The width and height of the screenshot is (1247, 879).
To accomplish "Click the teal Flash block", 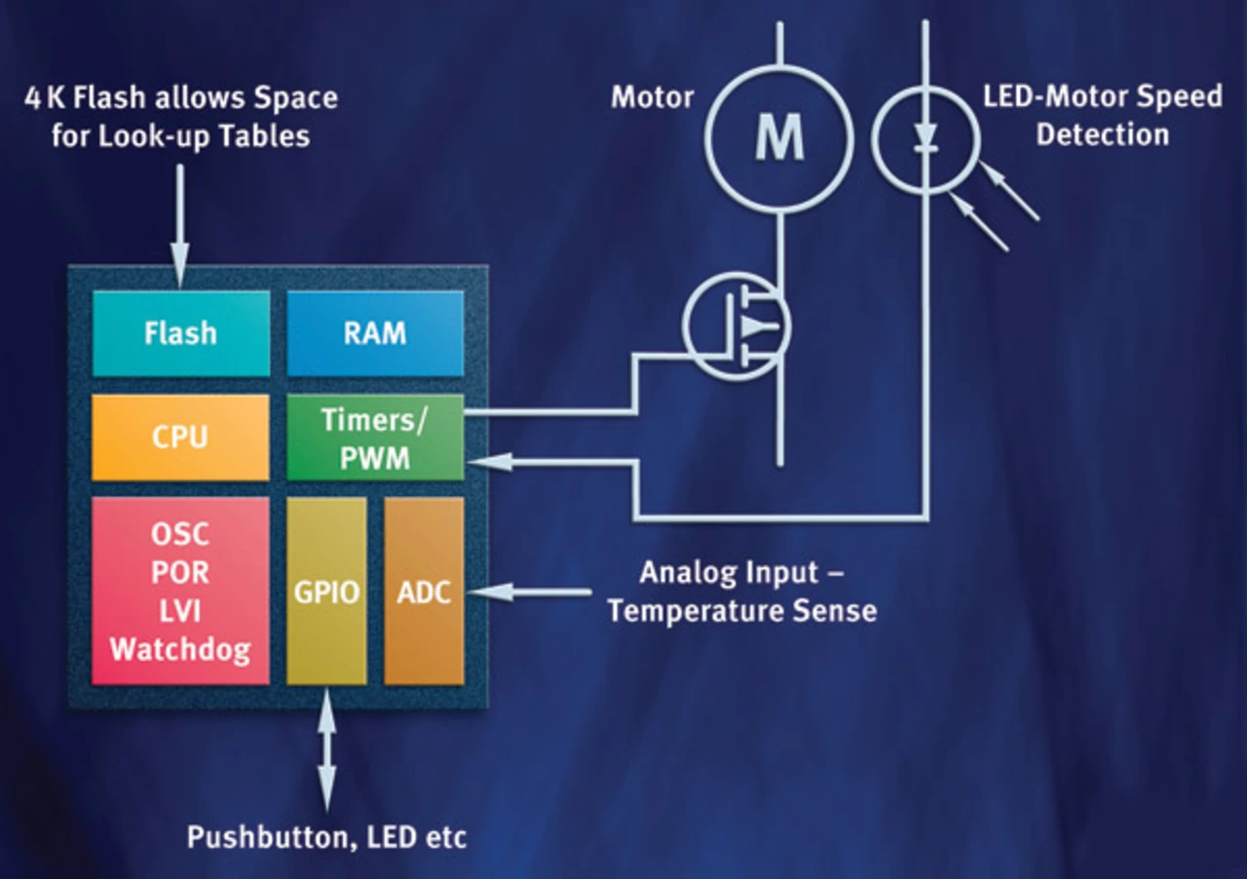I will pos(181,333).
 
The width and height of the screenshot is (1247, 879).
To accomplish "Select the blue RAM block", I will pos(375,333).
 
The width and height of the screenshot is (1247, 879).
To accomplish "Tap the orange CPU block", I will pos(181,437).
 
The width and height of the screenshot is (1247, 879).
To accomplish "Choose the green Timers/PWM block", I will pos(375,438).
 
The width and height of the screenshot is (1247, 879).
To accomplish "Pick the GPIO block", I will pos(326,592).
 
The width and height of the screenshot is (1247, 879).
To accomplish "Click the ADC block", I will pos(424,592).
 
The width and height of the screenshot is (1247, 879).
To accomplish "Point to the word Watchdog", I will pos(180,649).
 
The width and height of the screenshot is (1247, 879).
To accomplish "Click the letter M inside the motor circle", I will pos(779,138).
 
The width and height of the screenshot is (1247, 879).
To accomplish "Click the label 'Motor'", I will pos(652,97).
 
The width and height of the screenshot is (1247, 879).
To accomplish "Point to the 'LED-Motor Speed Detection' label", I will pos(1101,115).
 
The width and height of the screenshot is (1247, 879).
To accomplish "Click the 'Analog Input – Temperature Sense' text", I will pos(741,592).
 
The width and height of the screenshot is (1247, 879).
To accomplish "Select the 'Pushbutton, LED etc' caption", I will pos(326,837).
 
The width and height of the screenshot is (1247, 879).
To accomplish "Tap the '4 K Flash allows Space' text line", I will pos(181,97).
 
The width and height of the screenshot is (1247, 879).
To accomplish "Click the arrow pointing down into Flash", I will pos(181,224).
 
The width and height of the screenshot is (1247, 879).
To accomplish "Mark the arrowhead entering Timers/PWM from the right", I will pos(483,464).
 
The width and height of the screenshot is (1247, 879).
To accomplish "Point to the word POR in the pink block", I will pos(180,571).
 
